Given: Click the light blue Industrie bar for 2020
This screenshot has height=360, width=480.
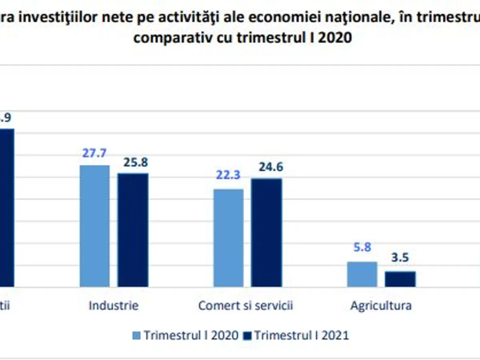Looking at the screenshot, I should coord(95,226).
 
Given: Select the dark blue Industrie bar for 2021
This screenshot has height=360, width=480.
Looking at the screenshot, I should coord(133,230).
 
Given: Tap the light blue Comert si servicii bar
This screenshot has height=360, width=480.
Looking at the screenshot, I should coord(228,238).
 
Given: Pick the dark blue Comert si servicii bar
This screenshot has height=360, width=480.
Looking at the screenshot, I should coord(266,232).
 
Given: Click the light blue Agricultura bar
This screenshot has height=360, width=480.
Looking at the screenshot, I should coord(362,274).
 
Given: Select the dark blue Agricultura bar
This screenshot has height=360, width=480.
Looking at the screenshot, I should coord(400,279).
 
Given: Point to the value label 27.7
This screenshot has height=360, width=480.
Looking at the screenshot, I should coord(94,154).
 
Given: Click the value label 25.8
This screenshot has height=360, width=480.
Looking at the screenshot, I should coord(136,162).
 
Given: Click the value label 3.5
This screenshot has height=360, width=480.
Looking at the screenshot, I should coord(400,258).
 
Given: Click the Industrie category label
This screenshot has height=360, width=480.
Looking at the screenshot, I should coord(114,306).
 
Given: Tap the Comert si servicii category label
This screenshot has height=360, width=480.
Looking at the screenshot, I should coord(246,306).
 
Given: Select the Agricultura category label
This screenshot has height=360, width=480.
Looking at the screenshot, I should coord(381,306).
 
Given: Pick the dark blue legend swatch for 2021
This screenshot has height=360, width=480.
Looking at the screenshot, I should coord(247,336).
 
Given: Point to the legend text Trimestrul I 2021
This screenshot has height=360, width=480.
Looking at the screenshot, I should coord(302,335).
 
